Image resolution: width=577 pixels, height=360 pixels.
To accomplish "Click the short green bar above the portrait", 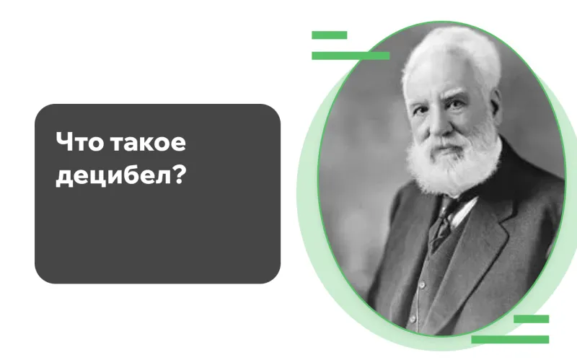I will click(x=329, y=35).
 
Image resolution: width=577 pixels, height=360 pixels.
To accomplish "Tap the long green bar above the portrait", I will click(x=350, y=56).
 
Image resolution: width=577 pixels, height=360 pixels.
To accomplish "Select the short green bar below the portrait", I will click(x=531, y=319).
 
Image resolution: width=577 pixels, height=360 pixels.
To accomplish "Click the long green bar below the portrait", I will click(x=510, y=339).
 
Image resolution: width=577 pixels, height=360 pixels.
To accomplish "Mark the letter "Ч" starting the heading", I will click(x=64, y=143).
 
